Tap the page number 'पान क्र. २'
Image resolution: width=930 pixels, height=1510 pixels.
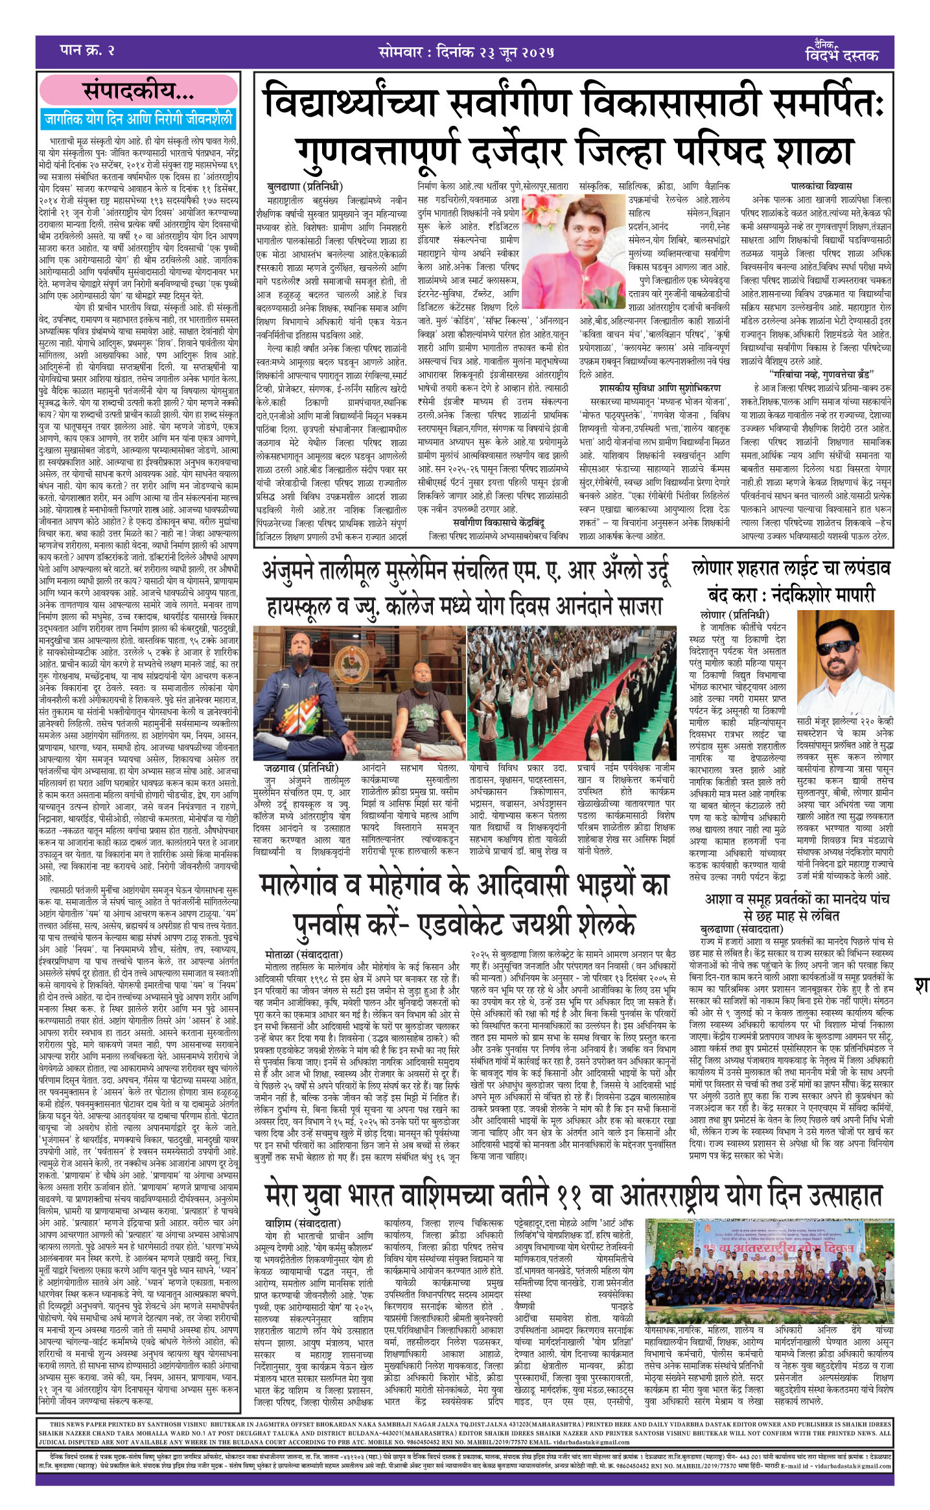click(86, 51)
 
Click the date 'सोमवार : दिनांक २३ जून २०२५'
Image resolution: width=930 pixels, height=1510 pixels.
click(466, 53)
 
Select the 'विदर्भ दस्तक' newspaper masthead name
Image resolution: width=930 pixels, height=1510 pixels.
click(842, 56)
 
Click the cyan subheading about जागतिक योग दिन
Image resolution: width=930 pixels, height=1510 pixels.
click(138, 119)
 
